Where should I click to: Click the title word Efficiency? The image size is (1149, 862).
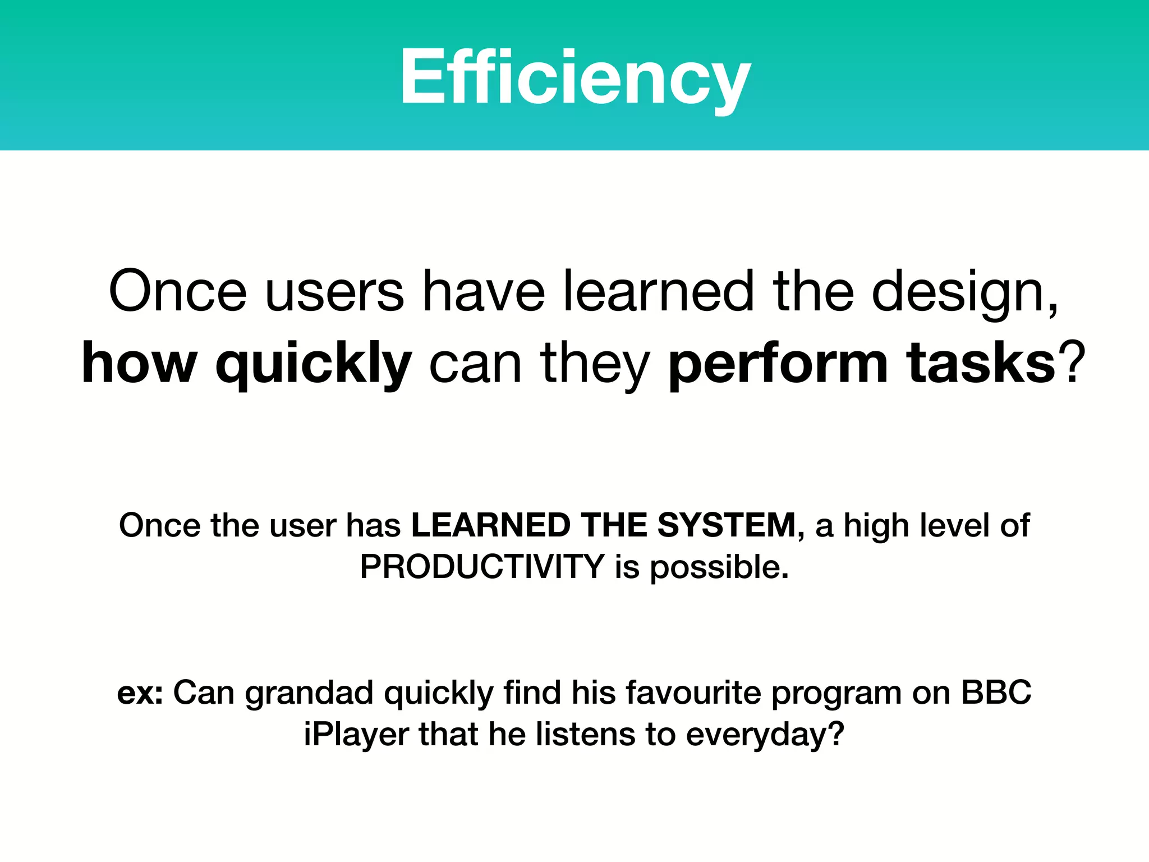(574, 77)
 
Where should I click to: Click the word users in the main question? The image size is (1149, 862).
(334, 292)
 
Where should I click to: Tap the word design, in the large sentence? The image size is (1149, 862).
(965, 293)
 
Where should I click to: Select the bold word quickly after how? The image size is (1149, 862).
(314, 365)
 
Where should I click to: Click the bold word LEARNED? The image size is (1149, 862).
(490, 526)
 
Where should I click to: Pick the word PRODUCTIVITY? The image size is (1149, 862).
(482, 567)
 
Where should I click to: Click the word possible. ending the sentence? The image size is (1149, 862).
(719, 568)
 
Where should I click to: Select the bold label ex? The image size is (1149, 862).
(140, 693)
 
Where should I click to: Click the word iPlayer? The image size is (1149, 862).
(356, 735)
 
